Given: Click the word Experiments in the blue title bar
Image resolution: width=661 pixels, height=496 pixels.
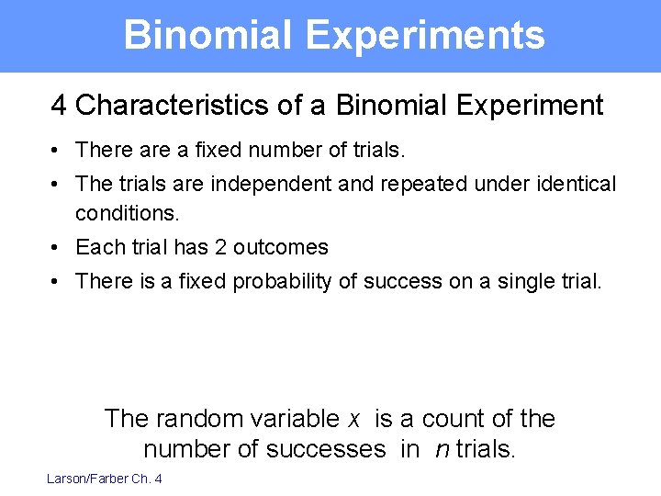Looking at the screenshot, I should (425, 35).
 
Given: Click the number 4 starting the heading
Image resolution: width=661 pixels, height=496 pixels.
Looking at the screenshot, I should (59, 106).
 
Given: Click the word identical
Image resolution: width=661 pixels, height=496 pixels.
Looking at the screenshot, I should (575, 184).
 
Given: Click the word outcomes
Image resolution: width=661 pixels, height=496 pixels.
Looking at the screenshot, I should (280, 247).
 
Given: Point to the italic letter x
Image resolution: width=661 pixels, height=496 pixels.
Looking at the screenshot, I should (354, 420).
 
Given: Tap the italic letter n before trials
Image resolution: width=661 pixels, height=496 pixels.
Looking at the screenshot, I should (440, 449).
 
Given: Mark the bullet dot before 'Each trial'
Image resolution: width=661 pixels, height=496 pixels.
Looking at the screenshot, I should (57, 248).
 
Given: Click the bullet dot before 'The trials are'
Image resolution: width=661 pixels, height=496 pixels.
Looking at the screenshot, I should (57, 185).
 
